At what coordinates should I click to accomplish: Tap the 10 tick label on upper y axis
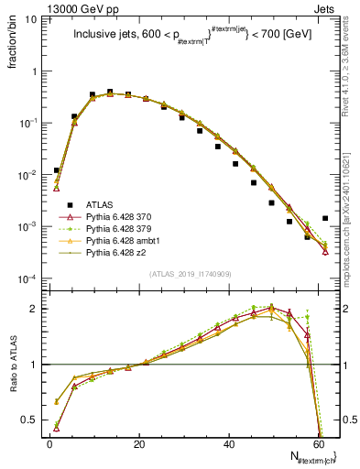pos(27,18)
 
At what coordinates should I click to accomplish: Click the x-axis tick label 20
pos(138,445)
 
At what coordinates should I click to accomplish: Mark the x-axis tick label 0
pos(49,445)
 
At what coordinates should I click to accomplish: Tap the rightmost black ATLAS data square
pos(325,219)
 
